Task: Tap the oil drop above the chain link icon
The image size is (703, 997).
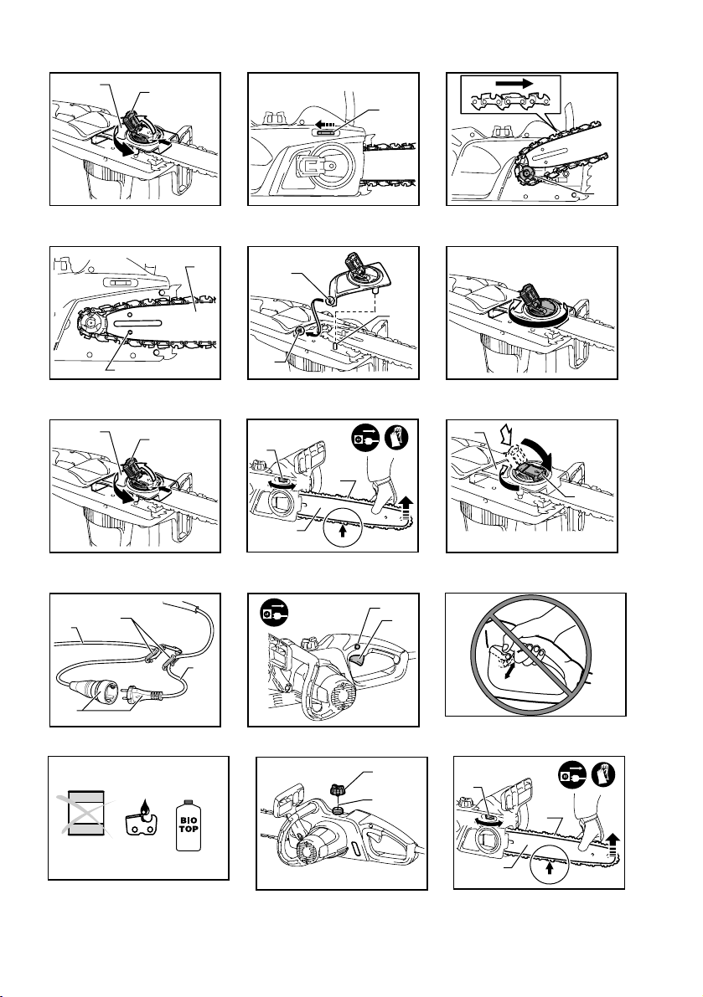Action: [x=138, y=809]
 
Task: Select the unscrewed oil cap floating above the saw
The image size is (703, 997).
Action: [x=341, y=785]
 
